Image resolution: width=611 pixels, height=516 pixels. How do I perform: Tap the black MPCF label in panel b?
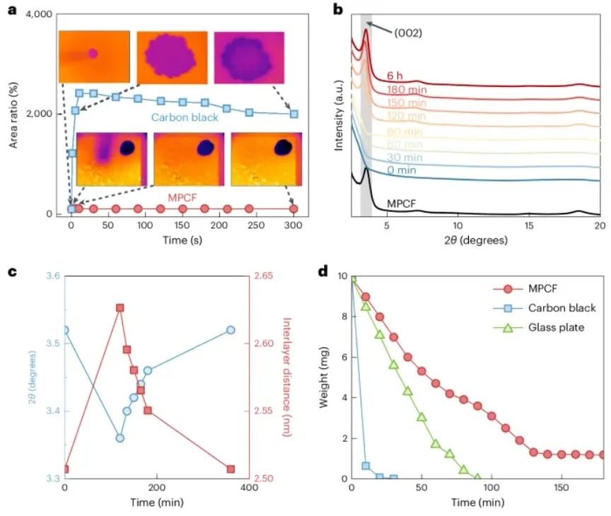[x=402, y=204]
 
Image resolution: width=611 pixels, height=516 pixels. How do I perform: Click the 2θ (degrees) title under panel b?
[x=475, y=240]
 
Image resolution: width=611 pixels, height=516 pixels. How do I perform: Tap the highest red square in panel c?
[x=120, y=308]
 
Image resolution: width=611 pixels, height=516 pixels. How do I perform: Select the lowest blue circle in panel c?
[x=120, y=438]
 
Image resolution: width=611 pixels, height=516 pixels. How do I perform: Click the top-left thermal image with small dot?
[x=94, y=57]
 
